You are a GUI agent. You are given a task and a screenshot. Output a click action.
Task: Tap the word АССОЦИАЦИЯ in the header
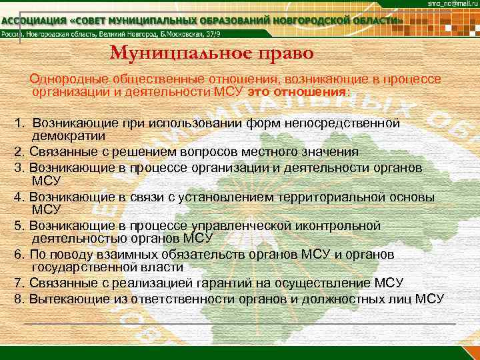[34, 21]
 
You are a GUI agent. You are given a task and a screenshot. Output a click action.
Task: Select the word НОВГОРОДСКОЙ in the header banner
[298, 21]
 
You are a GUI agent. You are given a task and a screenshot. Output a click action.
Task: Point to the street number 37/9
[247, 35]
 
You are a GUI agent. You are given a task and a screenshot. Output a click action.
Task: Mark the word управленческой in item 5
[241, 226]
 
